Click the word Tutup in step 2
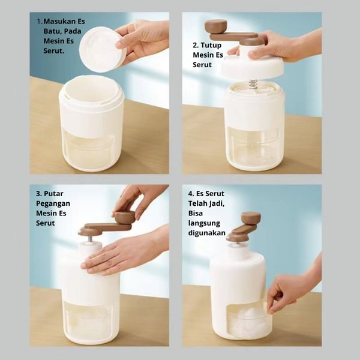pyautogui.click(x=211, y=45)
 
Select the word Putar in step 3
pyautogui.click(x=53, y=194)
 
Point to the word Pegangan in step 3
pyautogui.click(x=53, y=203)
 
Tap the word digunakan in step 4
pyautogui.click(x=206, y=233)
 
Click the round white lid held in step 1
pyautogui.click(x=102, y=49)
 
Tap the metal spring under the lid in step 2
pyautogui.click(x=253, y=83)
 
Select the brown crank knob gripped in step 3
pyautogui.click(x=125, y=217)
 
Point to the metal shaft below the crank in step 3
pyautogui.click(x=91, y=239)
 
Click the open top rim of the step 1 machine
pyautogui.click(x=91, y=92)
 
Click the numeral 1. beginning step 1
pyautogui.click(x=40, y=22)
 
